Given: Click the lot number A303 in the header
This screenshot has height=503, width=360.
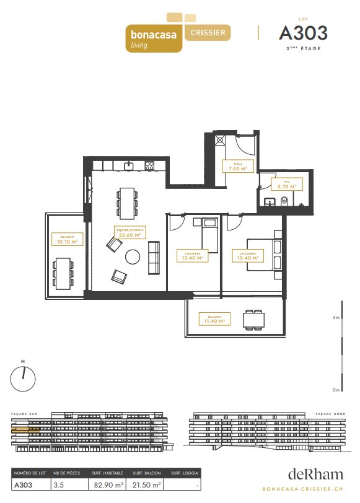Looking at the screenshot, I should point(303,32).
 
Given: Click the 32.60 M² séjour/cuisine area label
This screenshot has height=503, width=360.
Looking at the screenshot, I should point(130,233).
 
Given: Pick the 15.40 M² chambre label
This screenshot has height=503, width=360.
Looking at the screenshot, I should point(245,255).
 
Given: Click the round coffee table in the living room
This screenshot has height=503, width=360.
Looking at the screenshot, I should point(133,256).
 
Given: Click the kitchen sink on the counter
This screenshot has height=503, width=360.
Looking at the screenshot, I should point(129,165).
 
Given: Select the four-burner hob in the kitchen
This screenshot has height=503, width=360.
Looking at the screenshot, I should point(149,165).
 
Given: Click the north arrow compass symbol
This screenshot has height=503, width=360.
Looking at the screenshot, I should point(23,377).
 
